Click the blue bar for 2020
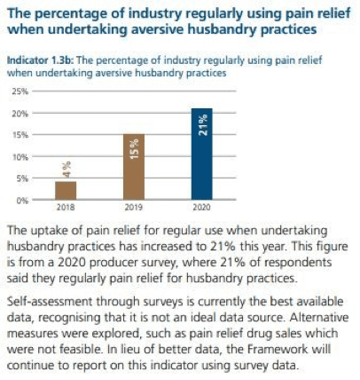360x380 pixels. click(202, 154)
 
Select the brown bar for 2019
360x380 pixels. click(134, 167)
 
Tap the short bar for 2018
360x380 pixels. click(66, 191)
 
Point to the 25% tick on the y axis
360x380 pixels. click(20, 91)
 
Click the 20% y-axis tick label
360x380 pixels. click(20, 113)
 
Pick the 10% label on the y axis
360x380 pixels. click(20, 156)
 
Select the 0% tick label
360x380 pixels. click(22, 201)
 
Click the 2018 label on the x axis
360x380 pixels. click(66, 207)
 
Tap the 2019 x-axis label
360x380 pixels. click(134, 207)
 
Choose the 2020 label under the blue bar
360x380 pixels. click(201, 207)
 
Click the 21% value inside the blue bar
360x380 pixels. click(203, 125)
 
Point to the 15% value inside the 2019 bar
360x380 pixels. click(135, 149)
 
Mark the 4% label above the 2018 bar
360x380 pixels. click(67, 170)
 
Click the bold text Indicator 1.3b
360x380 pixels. click(40, 60)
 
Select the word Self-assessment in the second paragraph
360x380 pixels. click(50, 302)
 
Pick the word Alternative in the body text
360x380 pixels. click(319, 318)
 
